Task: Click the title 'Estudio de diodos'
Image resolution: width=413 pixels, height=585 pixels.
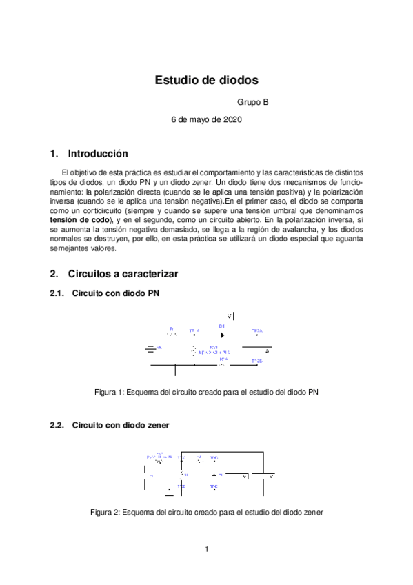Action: [206, 80]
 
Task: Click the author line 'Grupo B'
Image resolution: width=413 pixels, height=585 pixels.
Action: [252, 103]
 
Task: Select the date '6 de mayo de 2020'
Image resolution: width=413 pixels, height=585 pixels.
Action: [206, 119]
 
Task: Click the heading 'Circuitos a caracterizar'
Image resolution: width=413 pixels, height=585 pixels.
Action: [123, 274]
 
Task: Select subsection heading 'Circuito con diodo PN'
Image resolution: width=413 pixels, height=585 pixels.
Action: [116, 293]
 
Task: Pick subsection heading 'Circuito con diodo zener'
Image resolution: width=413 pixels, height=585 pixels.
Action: [120, 425]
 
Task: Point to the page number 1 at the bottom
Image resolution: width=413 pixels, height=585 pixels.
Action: [206, 549]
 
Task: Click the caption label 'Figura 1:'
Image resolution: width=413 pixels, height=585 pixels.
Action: [110, 392]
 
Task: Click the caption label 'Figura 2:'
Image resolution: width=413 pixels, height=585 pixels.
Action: [106, 513]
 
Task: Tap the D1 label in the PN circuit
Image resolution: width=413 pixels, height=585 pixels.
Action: [222, 326]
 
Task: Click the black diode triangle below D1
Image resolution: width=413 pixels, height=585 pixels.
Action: [222, 335]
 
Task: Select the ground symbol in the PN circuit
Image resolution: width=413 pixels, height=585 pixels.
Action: [150, 348]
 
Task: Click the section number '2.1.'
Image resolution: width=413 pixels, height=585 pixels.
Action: [57, 293]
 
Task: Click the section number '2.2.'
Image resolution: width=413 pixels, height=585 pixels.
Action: [57, 425]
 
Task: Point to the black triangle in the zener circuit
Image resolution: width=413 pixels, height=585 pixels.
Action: [214, 475]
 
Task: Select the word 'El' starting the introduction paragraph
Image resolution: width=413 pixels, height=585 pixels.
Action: [66, 172]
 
